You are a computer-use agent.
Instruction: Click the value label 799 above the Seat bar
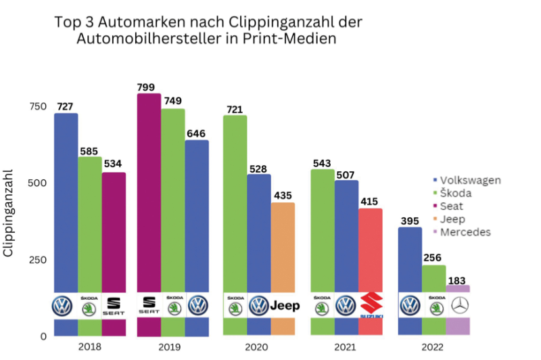point(148,87)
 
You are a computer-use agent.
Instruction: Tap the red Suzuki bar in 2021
point(370,250)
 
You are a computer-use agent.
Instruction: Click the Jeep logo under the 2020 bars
point(285,306)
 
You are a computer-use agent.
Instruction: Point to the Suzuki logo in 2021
point(371,306)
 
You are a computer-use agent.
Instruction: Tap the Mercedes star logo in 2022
point(458,306)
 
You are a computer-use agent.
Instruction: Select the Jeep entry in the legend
point(457,219)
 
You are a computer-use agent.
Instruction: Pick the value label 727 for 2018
point(66,107)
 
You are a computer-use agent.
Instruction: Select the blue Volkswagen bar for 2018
point(66,203)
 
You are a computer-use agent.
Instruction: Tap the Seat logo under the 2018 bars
point(113,306)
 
